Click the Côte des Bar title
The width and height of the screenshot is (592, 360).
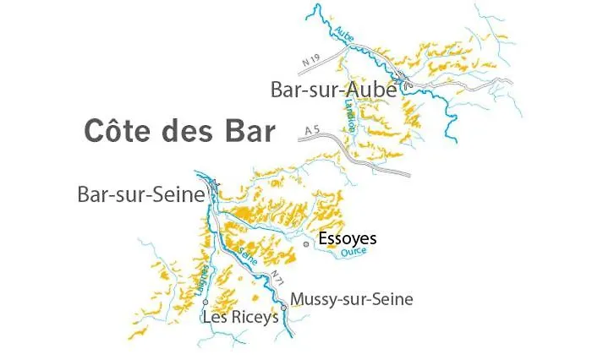pos(179,132)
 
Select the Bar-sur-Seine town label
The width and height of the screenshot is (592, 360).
pos(141,195)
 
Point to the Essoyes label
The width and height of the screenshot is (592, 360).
pos(347,239)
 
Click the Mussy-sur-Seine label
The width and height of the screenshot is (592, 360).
pos(351,299)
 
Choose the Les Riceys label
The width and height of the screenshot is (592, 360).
pos(240,317)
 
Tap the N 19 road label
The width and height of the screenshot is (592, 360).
pos(312,60)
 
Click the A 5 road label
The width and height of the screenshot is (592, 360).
pos(313,130)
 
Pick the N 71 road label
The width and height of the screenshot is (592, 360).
pos(277,280)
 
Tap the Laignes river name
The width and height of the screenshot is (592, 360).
pos(201,279)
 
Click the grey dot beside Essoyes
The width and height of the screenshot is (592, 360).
pos(306,244)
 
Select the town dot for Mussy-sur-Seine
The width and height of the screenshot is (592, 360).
pos(283,308)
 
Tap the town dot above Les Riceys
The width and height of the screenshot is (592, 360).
pos(206,302)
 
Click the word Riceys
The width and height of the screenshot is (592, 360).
pos(254,318)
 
